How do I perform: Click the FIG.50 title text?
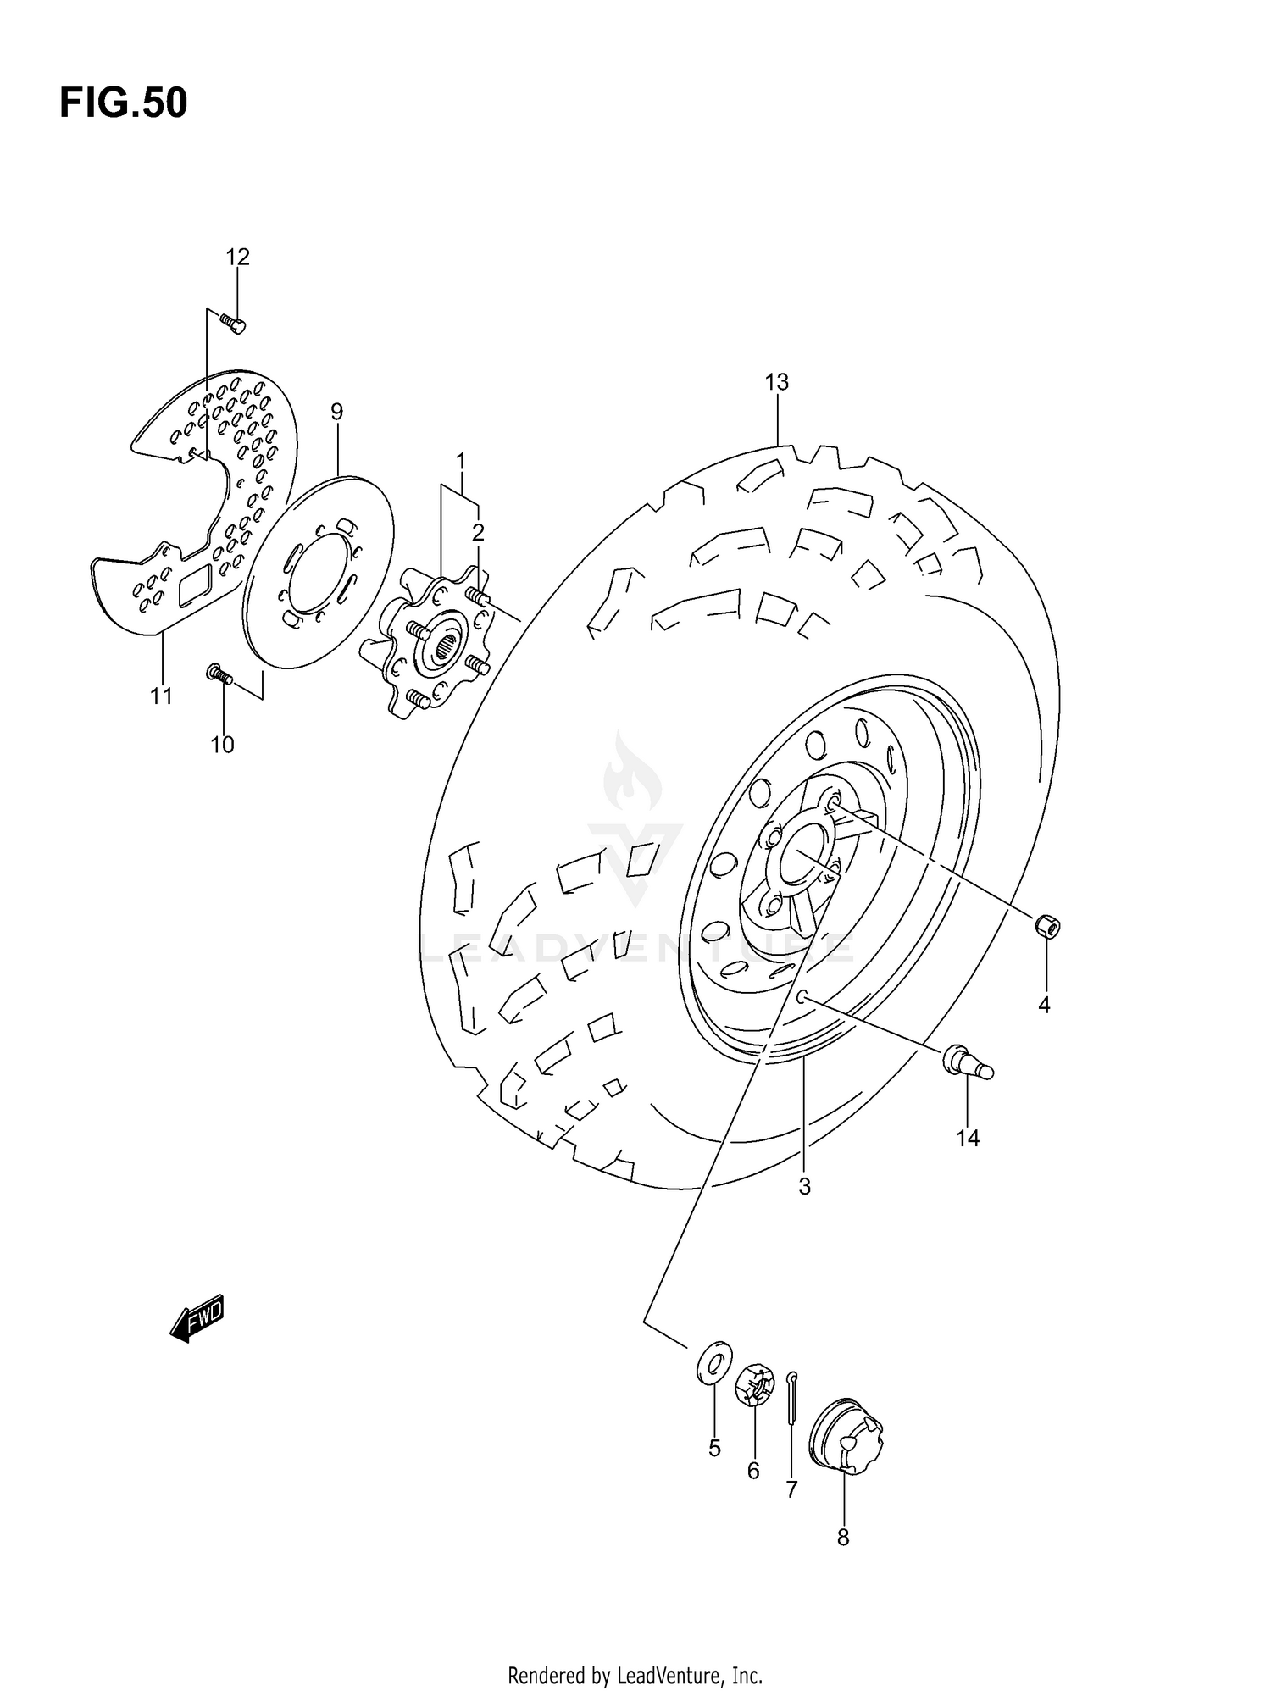coord(123,103)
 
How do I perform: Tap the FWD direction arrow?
coord(197,1318)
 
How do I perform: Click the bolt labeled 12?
coord(232,323)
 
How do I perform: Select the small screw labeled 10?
coord(219,674)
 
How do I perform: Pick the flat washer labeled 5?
coord(714,1361)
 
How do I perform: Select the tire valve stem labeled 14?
coord(967,1062)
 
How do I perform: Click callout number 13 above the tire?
coord(776,382)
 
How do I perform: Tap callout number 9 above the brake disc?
coord(336,412)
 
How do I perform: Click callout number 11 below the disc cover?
coord(161,696)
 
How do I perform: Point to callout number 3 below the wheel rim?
coord(804,1187)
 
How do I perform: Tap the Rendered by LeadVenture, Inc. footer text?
coord(635,1675)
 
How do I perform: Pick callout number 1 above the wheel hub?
coord(460,462)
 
